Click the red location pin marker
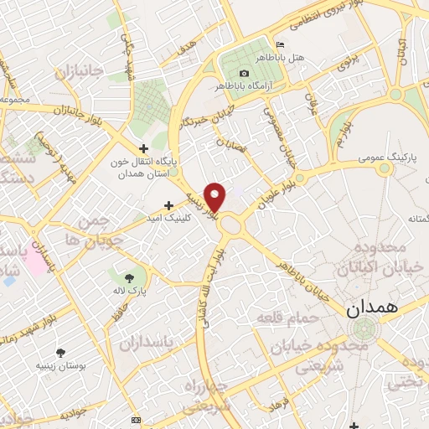[216, 197]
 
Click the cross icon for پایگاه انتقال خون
[146, 148]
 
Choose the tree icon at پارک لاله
[128, 277]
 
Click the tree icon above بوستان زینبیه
[59, 353]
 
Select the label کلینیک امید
[199, 216]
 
